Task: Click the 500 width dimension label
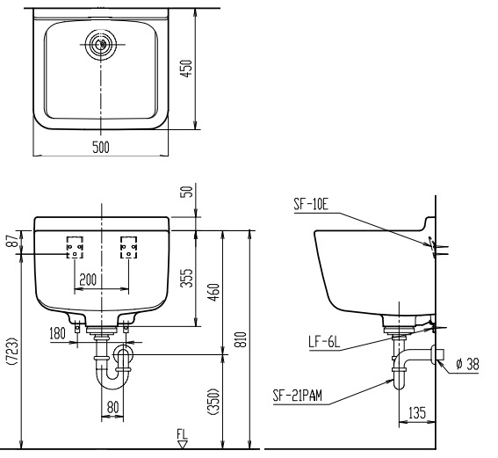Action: coord(101,147)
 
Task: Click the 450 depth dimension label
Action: coord(186,69)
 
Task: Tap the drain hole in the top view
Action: coord(101,44)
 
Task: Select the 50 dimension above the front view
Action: coord(188,192)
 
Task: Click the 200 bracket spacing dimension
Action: coord(88,280)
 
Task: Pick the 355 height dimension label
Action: coord(187,278)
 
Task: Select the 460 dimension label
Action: coord(213,293)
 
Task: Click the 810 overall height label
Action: coord(242,339)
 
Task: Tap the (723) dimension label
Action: coord(12,352)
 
